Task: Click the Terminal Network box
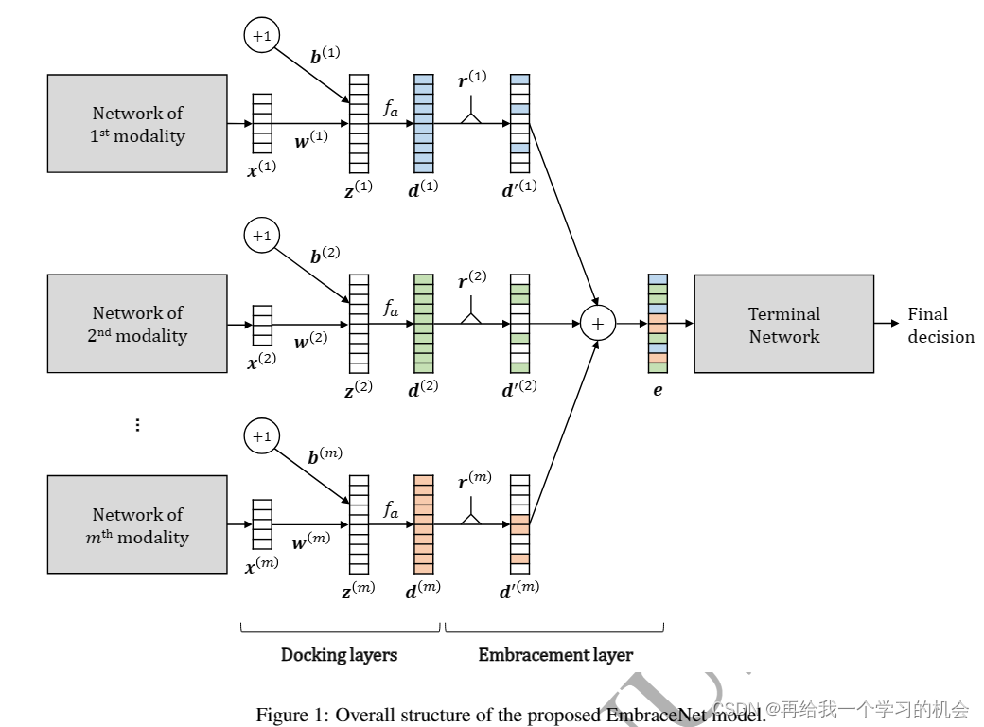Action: pos(783,324)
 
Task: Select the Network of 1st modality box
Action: pos(137,124)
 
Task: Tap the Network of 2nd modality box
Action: pos(137,324)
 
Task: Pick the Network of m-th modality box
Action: pos(137,524)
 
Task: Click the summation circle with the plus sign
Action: pos(597,324)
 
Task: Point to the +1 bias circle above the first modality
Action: pos(261,36)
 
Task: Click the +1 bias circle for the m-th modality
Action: pos(261,436)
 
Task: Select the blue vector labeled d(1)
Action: pos(423,123)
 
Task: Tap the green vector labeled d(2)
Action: pos(423,324)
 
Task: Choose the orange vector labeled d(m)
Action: pos(423,524)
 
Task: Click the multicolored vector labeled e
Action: pos(658,324)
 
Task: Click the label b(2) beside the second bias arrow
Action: pos(325,256)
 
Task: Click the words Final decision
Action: pos(940,325)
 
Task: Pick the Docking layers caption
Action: pos(339,655)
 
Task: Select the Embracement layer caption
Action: pos(555,655)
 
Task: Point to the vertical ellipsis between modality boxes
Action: pos(137,425)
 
